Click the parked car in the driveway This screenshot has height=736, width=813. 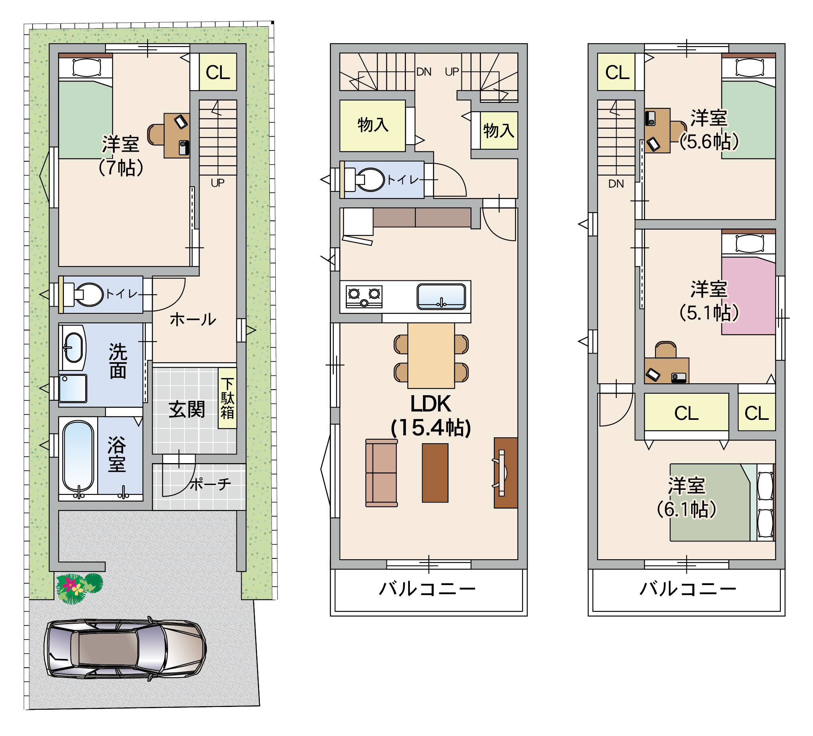(x=125, y=649)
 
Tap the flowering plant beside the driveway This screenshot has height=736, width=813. (x=79, y=588)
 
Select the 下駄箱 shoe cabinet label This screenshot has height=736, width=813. (x=227, y=398)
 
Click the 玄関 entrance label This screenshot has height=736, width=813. (x=187, y=410)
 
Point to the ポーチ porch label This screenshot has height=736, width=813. (x=210, y=484)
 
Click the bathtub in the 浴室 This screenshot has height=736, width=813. (x=79, y=456)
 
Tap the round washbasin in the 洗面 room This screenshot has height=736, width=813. (x=74, y=348)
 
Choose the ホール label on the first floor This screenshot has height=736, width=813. (x=193, y=319)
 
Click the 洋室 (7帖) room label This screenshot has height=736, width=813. (x=121, y=156)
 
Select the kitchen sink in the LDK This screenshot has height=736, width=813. (x=441, y=296)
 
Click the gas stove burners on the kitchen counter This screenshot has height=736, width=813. (x=364, y=297)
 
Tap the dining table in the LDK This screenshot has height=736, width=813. (x=431, y=355)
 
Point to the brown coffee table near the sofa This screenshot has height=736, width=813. (x=435, y=473)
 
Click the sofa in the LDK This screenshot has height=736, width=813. (x=381, y=473)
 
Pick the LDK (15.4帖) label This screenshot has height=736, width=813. (x=431, y=415)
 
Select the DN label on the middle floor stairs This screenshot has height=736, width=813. (x=424, y=72)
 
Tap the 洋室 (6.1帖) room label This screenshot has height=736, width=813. (x=687, y=497)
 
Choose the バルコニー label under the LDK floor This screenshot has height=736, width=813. (x=427, y=589)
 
